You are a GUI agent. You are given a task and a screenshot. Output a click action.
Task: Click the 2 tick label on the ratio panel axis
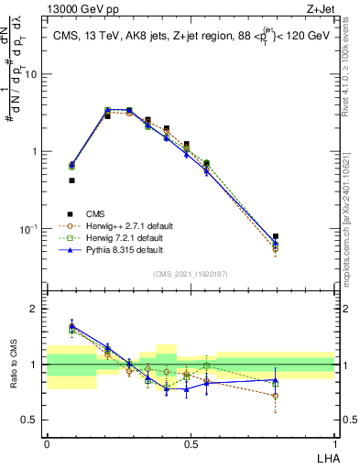tap(35, 310)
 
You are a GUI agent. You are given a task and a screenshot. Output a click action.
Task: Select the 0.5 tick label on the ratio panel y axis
tap(30, 420)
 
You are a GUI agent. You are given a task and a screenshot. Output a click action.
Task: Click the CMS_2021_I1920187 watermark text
tap(191, 272)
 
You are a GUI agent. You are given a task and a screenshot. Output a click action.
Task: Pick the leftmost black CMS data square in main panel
tap(71, 180)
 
